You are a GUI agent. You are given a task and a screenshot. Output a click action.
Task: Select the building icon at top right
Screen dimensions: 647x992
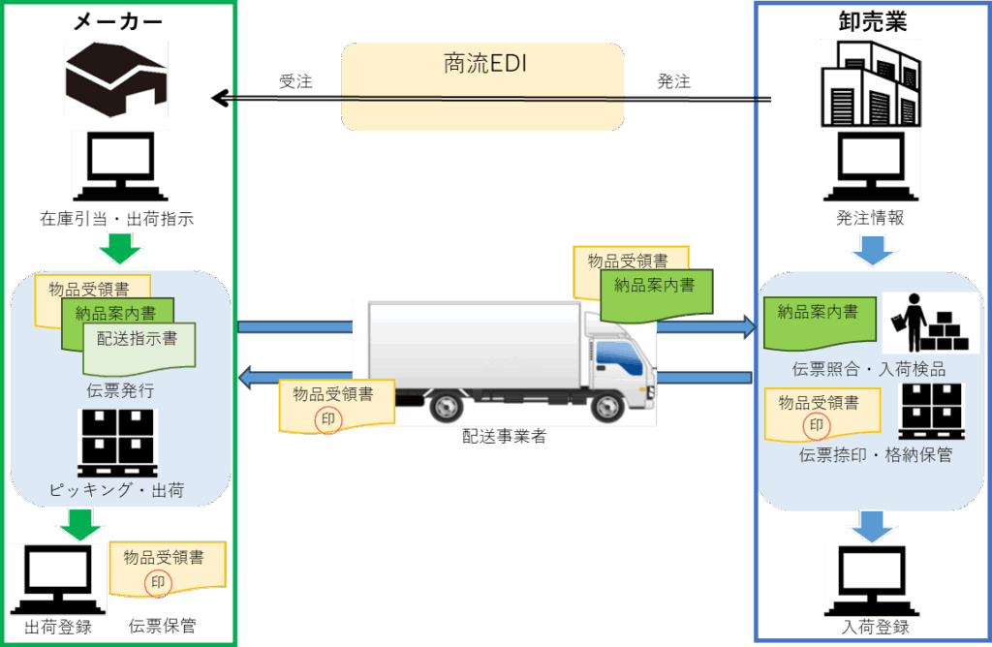(x=871, y=82)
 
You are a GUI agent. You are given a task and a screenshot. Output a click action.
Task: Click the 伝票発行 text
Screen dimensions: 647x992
(x=119, y=391)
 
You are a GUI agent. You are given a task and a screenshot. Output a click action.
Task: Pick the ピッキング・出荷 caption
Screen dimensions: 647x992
(x=117, y=491)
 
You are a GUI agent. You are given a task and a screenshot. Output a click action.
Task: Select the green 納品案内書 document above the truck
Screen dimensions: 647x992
(x=655, y=290)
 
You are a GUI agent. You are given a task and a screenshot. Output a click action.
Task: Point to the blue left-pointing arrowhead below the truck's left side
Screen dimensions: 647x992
(x=248, y=377)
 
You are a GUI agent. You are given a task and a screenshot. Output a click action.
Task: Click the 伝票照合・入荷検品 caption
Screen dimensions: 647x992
(x=868, y=369)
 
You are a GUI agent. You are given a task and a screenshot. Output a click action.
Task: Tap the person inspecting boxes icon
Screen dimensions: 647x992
(x=930, y=323)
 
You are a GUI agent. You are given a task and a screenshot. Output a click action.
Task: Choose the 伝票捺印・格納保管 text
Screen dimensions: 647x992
(x=875, y=454)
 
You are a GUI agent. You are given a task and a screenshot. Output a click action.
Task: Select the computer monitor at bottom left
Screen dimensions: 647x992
(x=58, y=575)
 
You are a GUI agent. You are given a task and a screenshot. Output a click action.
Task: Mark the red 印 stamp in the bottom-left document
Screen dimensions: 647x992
(x=156, y=582)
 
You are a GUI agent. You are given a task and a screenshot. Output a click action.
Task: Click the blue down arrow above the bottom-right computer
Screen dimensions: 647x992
(x=871, y=528)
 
